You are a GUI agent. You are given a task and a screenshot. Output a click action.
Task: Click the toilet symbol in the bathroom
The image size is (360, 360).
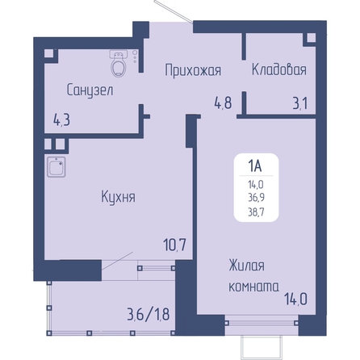coord(119,64)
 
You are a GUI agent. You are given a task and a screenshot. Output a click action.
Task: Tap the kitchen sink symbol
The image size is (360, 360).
coord(57,167)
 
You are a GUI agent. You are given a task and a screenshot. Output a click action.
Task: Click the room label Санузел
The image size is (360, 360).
coord(90,90)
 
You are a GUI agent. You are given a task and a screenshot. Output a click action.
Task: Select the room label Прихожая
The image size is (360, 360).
coord(193,70)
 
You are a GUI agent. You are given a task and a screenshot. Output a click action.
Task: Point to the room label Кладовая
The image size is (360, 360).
coord(279,69)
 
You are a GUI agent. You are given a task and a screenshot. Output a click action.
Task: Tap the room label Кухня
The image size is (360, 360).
coord(119,196)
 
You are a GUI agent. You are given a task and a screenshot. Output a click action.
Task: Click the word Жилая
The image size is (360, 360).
coord(246,266)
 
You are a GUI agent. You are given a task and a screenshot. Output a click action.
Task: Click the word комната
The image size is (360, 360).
coord(253,287)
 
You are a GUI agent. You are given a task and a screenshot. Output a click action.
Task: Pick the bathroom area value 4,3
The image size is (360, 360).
coord(62,120)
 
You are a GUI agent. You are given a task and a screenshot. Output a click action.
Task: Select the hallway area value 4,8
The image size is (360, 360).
coord(223,103)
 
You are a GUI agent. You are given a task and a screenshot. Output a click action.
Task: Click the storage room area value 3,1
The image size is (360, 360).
coord(300,103)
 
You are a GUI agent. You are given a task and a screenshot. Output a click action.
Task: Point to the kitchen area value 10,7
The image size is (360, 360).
coord(175,245)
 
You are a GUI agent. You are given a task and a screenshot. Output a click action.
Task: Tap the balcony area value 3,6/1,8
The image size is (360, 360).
coord(149,314)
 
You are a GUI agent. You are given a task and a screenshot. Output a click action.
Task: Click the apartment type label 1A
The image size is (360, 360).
coord(255,166)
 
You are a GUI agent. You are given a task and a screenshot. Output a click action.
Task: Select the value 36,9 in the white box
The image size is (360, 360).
coord(256,198)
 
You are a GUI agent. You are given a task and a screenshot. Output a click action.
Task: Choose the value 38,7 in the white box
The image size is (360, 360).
coord(256,212)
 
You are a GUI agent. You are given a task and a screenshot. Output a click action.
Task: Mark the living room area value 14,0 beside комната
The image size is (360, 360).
coord(295,299)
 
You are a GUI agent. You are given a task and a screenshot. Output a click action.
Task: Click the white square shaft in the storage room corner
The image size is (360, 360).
coord(312,38)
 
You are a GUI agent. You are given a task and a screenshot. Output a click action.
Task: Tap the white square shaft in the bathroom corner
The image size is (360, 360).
coord(48,53)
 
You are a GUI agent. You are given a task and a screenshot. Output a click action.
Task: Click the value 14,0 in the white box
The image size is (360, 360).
coord(256,184)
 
